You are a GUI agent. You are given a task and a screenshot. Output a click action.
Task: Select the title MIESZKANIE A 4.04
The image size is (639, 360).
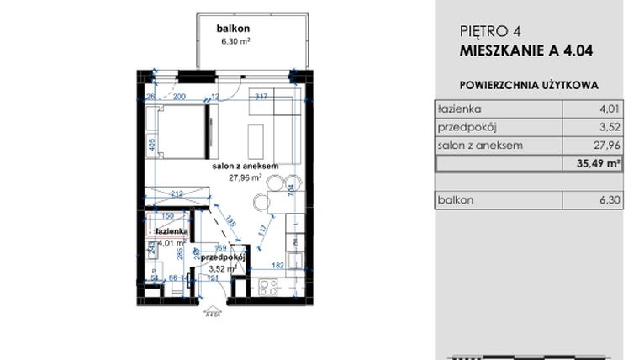[527, 50]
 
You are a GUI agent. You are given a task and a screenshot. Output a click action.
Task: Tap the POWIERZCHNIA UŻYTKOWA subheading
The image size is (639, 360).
[530, 86]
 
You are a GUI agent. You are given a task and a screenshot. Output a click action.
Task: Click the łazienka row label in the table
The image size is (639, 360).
[458, 109]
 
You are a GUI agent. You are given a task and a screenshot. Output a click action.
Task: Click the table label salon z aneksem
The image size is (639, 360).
[480, 146]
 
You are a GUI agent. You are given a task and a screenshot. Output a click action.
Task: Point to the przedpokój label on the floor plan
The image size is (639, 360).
[224, 257]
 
